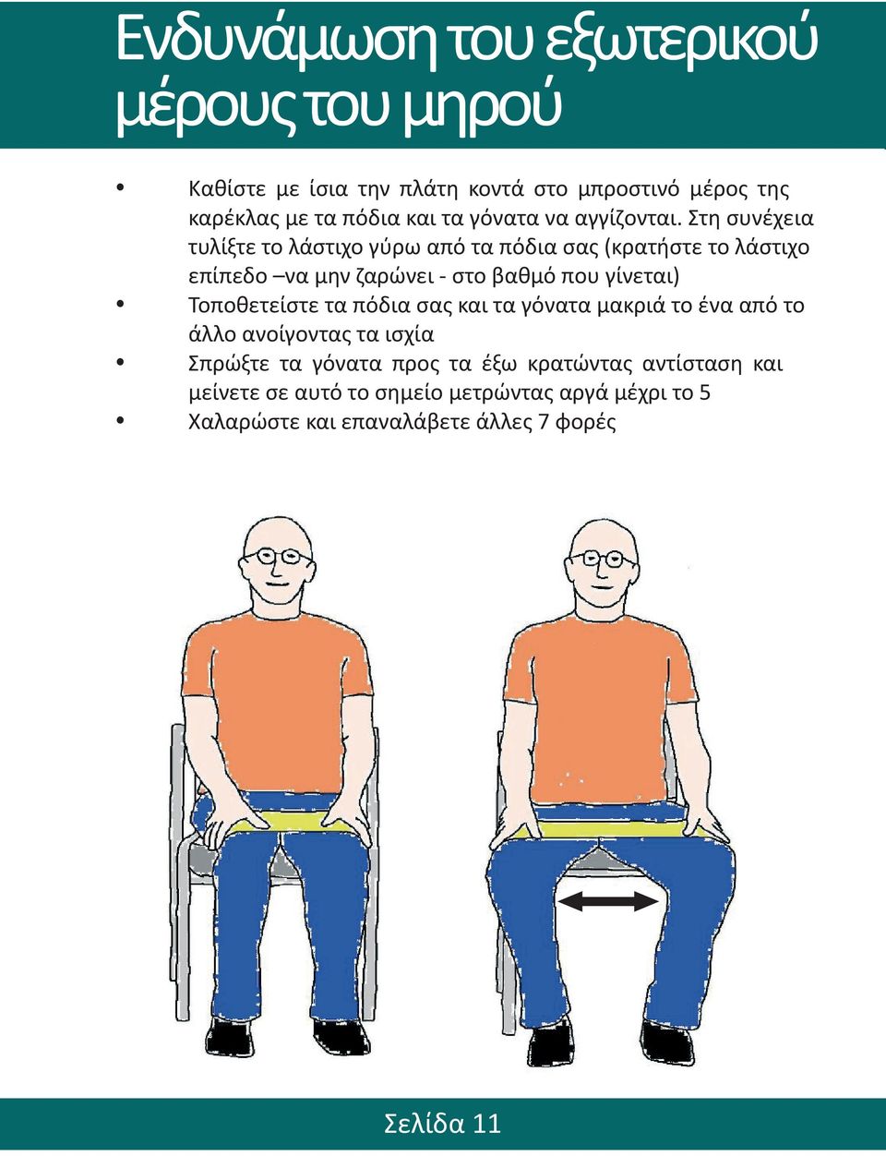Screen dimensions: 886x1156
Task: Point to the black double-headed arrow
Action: [608, 901]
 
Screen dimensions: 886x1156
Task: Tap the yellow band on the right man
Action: [611, 829]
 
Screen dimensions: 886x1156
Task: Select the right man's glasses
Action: [602, 560]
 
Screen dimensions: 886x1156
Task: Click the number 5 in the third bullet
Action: [705, 393]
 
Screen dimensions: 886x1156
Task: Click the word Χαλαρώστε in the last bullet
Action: [243, 424]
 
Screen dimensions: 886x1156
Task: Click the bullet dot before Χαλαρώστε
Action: [120, 420]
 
